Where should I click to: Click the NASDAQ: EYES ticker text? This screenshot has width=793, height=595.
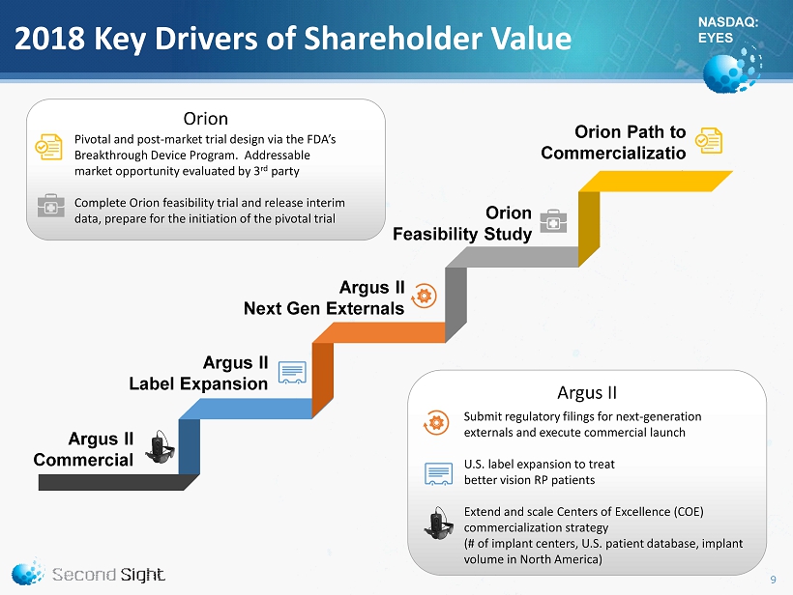[x=728, y=30]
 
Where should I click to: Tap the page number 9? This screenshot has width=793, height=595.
[x=773, y=580]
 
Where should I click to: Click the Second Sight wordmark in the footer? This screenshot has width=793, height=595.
[x=108, y=575]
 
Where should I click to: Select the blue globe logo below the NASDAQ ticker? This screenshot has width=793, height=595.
[x=731, y=70]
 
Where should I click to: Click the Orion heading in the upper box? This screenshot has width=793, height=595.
[x=205, y=119]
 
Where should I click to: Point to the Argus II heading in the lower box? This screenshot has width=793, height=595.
[x=587, y=392]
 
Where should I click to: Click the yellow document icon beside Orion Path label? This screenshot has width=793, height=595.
[x=708, y=140]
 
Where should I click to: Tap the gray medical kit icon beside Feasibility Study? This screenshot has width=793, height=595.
[x=553, y=221]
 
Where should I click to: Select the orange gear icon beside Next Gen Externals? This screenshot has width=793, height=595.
[x=424, y=296]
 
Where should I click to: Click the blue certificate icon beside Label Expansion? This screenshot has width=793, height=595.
[x=292, y=373]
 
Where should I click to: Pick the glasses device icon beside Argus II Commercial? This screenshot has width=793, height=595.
[x=160, y=447]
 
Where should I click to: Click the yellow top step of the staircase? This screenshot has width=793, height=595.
[x=656, y=182]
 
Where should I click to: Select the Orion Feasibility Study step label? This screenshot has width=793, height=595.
[x=462, y=223]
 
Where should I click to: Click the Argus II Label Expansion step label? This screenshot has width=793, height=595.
[x=198, y=373]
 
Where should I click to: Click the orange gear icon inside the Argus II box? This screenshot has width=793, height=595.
[x=436, y=422]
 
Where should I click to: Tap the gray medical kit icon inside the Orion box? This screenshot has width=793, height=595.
[x=50, y=206]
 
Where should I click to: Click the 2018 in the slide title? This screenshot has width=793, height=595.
[x=49, y=39]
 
